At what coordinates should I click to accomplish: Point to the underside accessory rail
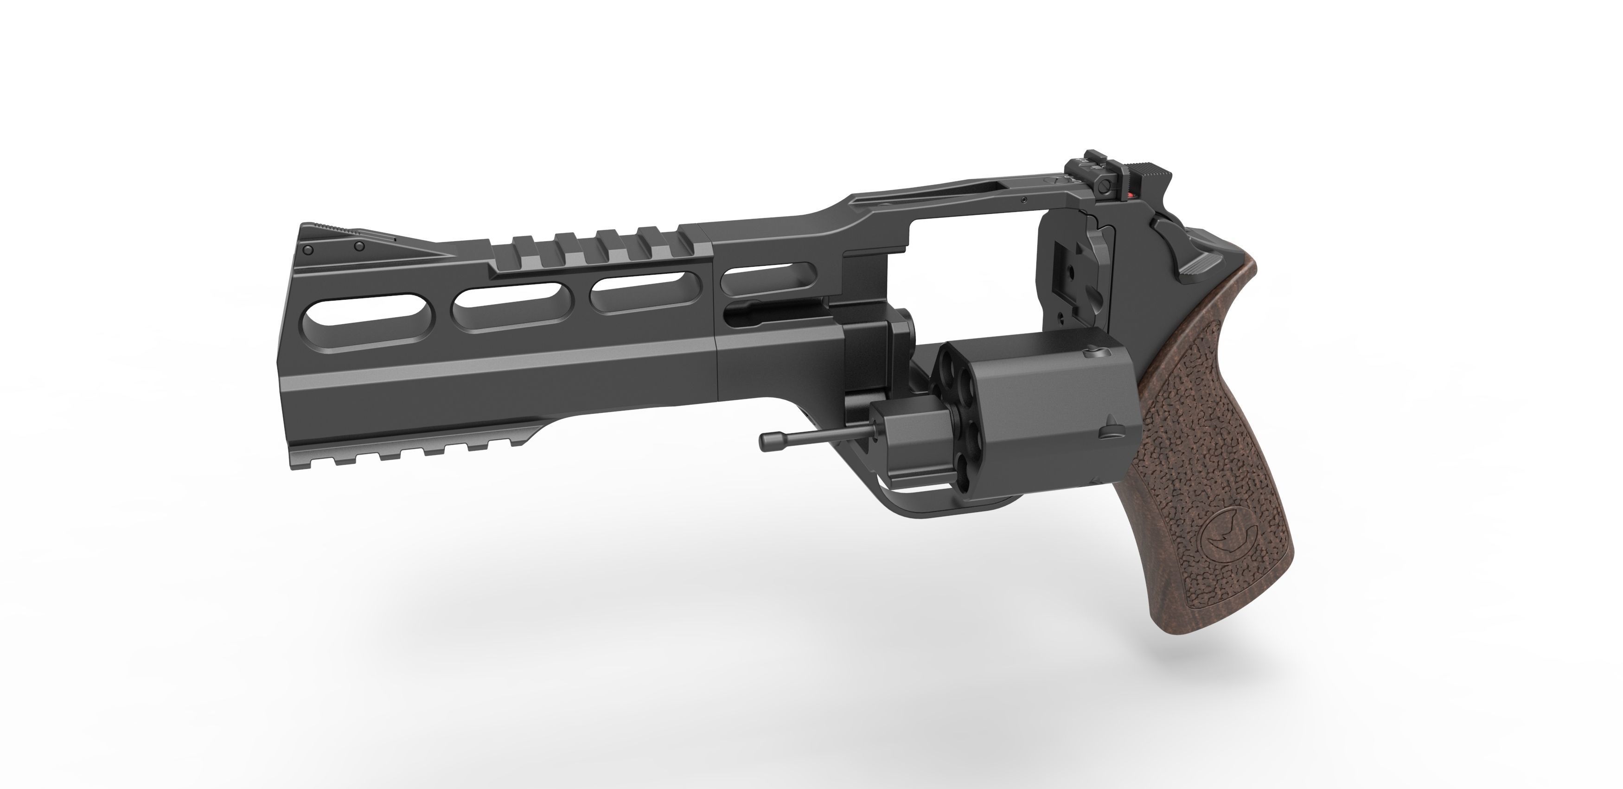click(409, 455)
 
